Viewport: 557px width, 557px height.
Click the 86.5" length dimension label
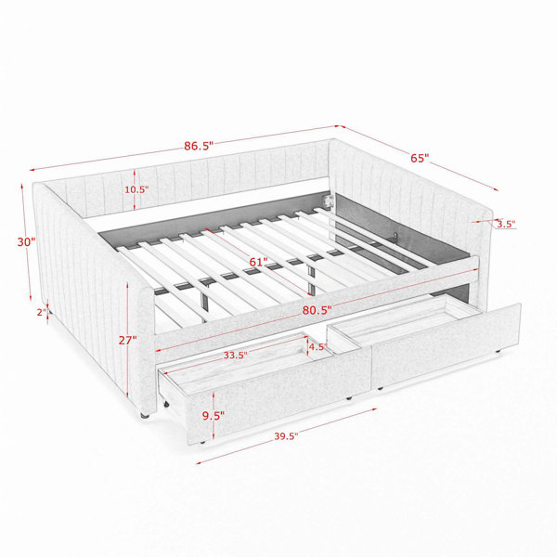click(x=199, y=146)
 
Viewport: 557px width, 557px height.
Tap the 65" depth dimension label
click(x=420, y=158)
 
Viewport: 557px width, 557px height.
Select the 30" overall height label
click(x=26, y=242)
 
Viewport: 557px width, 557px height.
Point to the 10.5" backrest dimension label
click(x=136, y=189)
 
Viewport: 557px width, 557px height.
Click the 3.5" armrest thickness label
click(x=506, y=224)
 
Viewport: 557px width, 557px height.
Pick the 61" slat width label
click(x=258, y=262)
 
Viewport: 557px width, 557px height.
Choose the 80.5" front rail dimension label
click(x=317, y=310)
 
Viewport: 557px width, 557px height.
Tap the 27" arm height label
click(x=127, y=340)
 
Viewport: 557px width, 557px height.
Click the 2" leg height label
click(x=42, y=312)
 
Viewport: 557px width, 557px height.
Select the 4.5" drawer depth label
click(x=317, y=346)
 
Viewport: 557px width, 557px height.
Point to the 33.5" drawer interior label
click(x=235, y=356)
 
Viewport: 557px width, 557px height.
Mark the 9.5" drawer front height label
click(x=214, y=416)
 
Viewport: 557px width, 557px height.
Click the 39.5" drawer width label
click(x=286, y=436)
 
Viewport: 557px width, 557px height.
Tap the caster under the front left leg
click(x=144, y=415)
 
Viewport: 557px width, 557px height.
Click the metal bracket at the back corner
click(x=328, y=200)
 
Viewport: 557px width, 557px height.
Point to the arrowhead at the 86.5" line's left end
click(x=32, y=170)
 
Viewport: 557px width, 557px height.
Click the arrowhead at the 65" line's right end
click(x=496, y=189)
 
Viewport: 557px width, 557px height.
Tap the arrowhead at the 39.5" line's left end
click(x=199, y=463)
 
